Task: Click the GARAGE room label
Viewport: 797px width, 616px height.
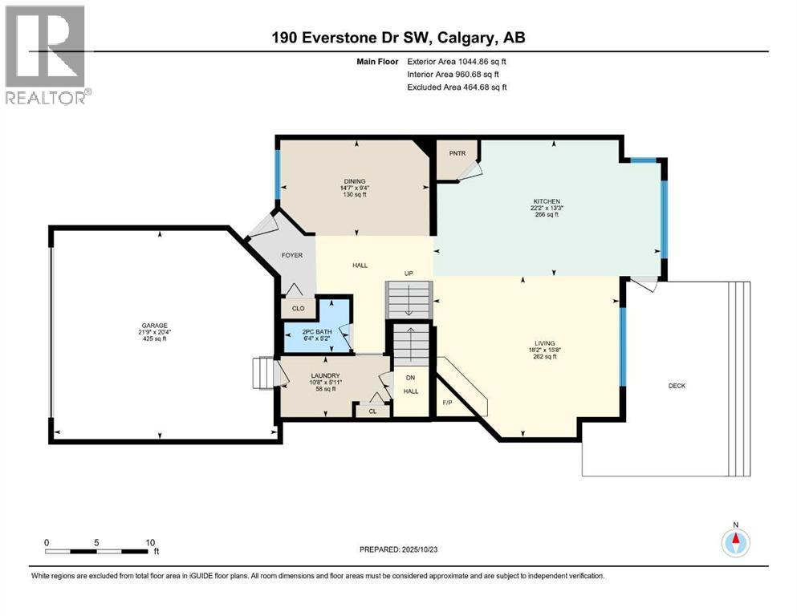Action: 156,325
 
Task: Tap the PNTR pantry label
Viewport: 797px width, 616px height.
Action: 457,152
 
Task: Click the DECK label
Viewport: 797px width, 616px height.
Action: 677,386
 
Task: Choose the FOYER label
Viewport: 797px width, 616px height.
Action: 291,255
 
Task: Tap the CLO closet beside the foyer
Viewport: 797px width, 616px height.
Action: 298,307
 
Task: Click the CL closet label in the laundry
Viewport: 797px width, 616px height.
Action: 372,411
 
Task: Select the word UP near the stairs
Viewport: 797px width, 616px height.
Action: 408,274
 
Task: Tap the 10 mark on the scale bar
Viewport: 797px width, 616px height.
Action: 150,542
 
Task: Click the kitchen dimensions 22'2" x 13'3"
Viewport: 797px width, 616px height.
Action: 547,207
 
